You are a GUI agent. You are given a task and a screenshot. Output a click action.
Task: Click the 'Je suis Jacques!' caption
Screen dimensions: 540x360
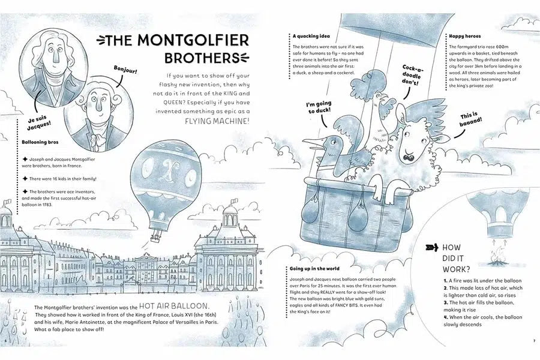pos(38,122)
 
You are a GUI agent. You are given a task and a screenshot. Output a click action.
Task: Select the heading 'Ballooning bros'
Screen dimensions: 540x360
pos(40,142)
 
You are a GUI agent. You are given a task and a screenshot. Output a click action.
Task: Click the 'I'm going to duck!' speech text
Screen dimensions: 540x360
pos(320,107)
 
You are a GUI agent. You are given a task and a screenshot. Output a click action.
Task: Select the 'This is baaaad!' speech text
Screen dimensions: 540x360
pos(471,119)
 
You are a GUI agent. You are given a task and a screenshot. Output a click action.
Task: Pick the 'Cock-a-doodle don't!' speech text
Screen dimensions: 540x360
pos(412,76)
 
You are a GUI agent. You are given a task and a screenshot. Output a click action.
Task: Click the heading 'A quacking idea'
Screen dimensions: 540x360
pos(311,36)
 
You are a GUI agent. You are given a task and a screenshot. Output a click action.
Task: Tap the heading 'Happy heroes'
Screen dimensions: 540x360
pos(465,36)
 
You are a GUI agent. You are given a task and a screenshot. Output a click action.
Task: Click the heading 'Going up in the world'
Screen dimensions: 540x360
pos(314,268)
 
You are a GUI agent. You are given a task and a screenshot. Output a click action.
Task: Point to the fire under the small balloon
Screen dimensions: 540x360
pos(496,257)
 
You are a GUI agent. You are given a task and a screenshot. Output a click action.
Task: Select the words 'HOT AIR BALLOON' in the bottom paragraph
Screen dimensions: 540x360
pos(174,306)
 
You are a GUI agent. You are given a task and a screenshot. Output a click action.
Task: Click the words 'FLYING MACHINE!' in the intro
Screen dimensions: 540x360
pos(217,121)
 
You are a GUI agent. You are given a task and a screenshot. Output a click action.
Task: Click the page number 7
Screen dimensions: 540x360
pos(534,341)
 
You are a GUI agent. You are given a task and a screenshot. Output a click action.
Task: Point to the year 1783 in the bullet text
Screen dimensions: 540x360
pos(46,204)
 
